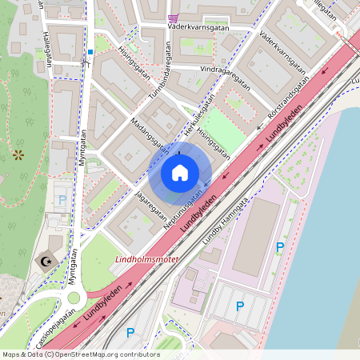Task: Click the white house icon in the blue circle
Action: tap(179, 173)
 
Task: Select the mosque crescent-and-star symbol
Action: tap(46, 260)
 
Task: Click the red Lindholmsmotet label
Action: tap(148, 259)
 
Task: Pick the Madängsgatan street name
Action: tap(150, 137)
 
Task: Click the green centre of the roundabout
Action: tap(74, 298)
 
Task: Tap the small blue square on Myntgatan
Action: tap(90, 52)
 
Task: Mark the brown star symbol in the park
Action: tap(18, 154)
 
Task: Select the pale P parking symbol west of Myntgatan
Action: tap(62, 199)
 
